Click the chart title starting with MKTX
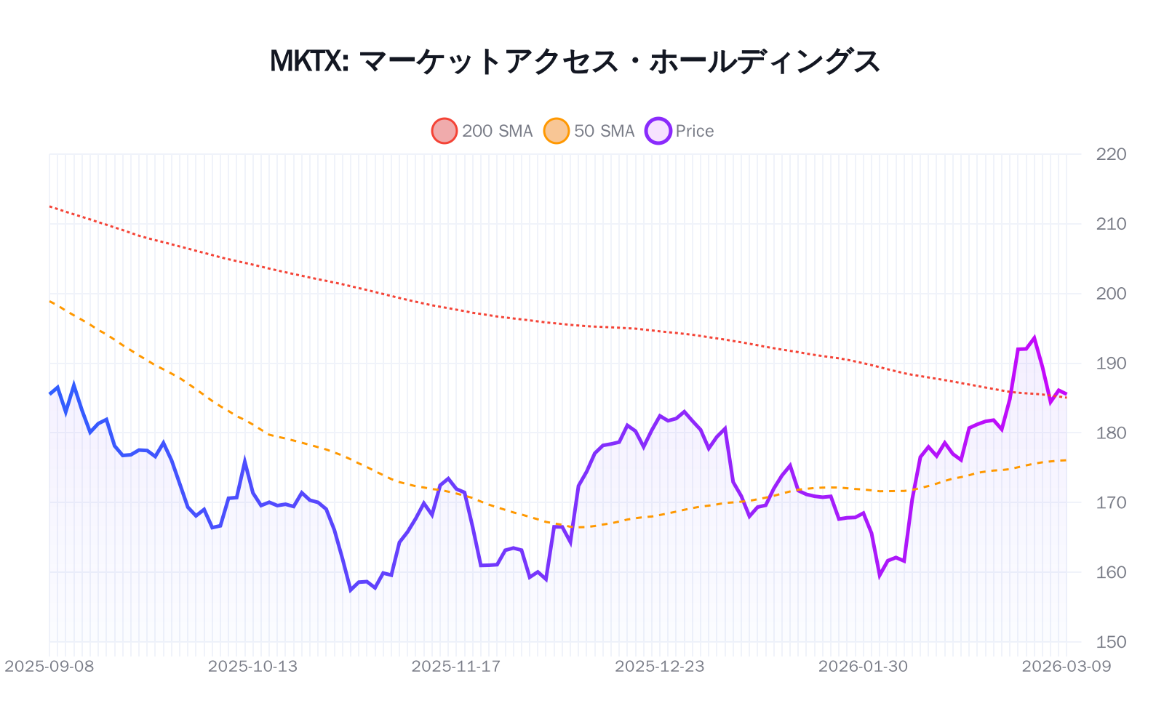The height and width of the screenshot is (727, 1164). tap(575, 62)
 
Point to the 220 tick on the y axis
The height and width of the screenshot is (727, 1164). tap(1111, 154)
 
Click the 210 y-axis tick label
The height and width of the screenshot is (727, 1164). tap(1111, 224)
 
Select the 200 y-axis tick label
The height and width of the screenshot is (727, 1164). tap(1111, 294)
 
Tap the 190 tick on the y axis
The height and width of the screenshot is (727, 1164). tap(1111, 363)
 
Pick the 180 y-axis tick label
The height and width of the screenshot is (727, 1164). tap(1111, 433)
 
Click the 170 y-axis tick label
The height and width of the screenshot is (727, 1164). tap(1111, 502)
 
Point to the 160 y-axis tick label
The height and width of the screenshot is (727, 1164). tap(1111, 572)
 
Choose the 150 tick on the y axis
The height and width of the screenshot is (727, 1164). tap(1111, 642)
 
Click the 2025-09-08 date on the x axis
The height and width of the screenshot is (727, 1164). tap(49, 667)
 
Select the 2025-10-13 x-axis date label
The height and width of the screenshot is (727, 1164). tap(252, 667)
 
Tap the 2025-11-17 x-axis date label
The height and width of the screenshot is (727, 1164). tap(456, 667)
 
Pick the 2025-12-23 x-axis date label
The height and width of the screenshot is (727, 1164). tap(660, 667)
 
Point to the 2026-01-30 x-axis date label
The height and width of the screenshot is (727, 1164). tap(863, 667)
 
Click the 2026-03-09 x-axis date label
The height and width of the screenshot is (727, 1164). tap(1067, 667)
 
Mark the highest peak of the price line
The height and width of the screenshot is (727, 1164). tap(1034, 338)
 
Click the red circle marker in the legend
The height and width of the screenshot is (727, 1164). tap(445, 131)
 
